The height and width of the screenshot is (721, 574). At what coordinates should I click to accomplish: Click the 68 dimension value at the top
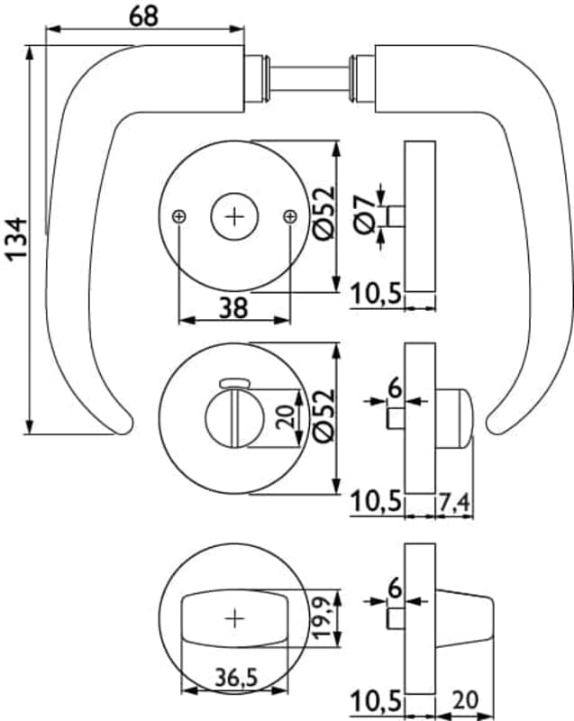pyautogui.click(x=143, y=16)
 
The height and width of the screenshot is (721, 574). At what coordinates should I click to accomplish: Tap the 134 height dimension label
pyautogui.click(x=17, y=239)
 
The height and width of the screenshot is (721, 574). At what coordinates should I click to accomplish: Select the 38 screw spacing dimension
pyautogui.click(x=233, y=307)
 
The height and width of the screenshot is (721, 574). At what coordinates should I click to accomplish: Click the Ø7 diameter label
pyautogui.click(x=366, y=214)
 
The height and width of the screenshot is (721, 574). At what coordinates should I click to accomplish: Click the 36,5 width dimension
pyautogui.click(x=236, y=678)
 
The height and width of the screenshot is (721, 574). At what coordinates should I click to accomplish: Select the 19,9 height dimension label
pyautogui.click(x=323, y=617)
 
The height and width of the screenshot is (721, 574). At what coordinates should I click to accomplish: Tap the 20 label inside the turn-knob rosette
pyautogui.click(x=286, y=416)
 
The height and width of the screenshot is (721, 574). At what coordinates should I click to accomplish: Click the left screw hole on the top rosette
pyautogui.click(x=178, y=216)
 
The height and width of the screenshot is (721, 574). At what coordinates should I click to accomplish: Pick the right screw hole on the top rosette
pyautogui.click(x=290, y=216)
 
